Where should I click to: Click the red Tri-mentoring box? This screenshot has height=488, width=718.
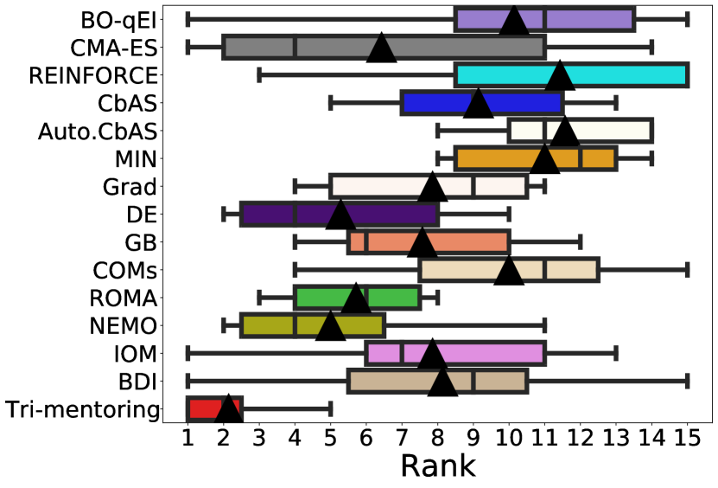click(214, 408)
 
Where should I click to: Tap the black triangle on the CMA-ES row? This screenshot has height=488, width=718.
click(381, 48)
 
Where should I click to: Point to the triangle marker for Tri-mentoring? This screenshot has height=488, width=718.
click(228, 408)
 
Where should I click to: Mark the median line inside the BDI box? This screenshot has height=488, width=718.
click(473, 381)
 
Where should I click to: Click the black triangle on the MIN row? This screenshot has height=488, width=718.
click(544, 160)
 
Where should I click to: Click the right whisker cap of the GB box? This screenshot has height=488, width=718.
click(580, 242)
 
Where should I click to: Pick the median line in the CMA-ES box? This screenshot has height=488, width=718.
click(295, 47)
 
